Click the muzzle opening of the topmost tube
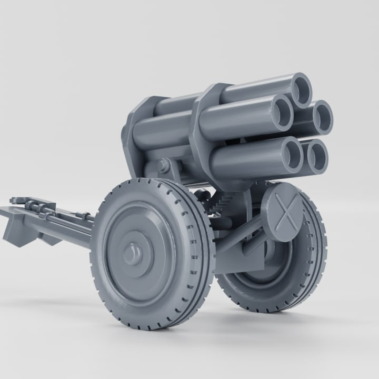tap(302, 90)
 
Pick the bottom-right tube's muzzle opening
tap(317, 156)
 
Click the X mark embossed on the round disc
tap(285, 215)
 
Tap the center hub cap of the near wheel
tap(132, 255)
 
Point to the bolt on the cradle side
tap(163, 166)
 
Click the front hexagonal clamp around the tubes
tap(203, 132)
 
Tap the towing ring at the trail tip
tap(16, 201)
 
